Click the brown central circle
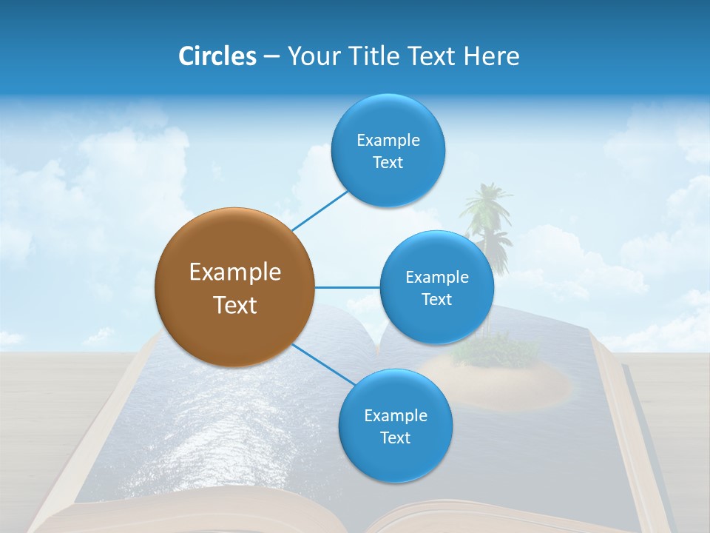click(x=235, y=287)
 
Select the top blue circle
click(x=388, y=150)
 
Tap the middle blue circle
click(x=436, y=287)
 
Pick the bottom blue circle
click(x=395, y=426)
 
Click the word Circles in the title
click(x=217, y=56)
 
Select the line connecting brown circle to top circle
click(x=320, y=210)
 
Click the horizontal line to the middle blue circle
click(x=347, y=287)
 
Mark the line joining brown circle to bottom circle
click(x=323, y=363)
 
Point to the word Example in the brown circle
click(x=235, y=272)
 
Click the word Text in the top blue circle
click(x=388, y=163)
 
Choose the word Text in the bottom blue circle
click(x=395, y=438)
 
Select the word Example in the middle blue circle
click(x=437, y=278)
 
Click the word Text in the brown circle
click(x=235, y=305)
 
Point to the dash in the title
click(x=271, y=56)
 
